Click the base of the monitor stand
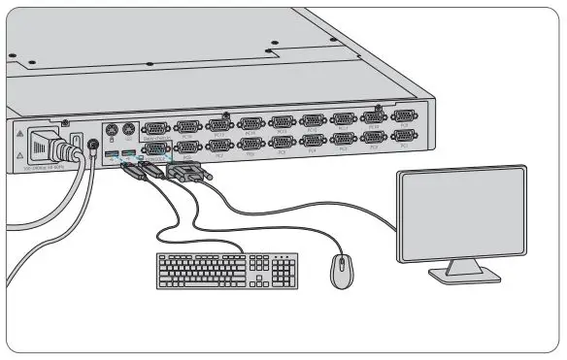coord(465,275)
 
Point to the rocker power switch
coord(76,146)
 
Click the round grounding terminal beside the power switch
coord(92,147)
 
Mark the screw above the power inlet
coord(64,122)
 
